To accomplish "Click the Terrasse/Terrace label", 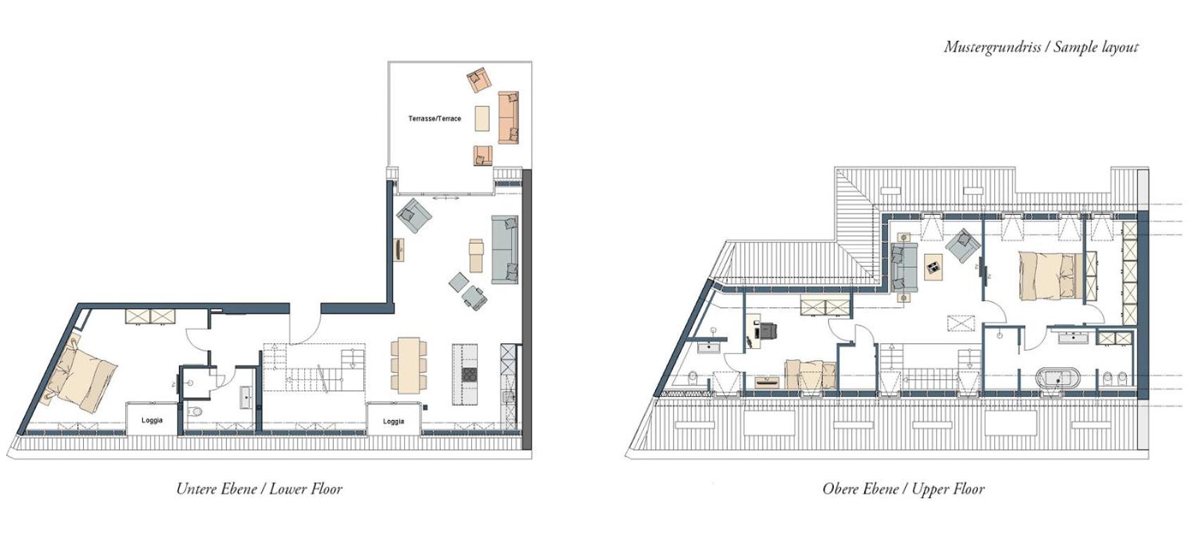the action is point(435,118).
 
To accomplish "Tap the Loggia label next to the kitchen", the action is point(393,421).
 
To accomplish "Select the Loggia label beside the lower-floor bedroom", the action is point(152,420).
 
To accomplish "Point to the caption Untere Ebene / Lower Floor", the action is point(259,489).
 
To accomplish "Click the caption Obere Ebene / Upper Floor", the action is point(904,489).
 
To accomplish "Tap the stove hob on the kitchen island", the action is point(469,374).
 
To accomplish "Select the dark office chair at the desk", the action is point(768,332).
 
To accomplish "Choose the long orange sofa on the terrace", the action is point(508,117).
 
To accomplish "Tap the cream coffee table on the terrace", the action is point(482,118).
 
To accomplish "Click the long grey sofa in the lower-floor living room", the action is point(504,249).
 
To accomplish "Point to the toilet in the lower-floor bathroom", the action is point(196,411).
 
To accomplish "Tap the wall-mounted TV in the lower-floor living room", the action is point(399,249).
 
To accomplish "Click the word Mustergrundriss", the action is point(992,48).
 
